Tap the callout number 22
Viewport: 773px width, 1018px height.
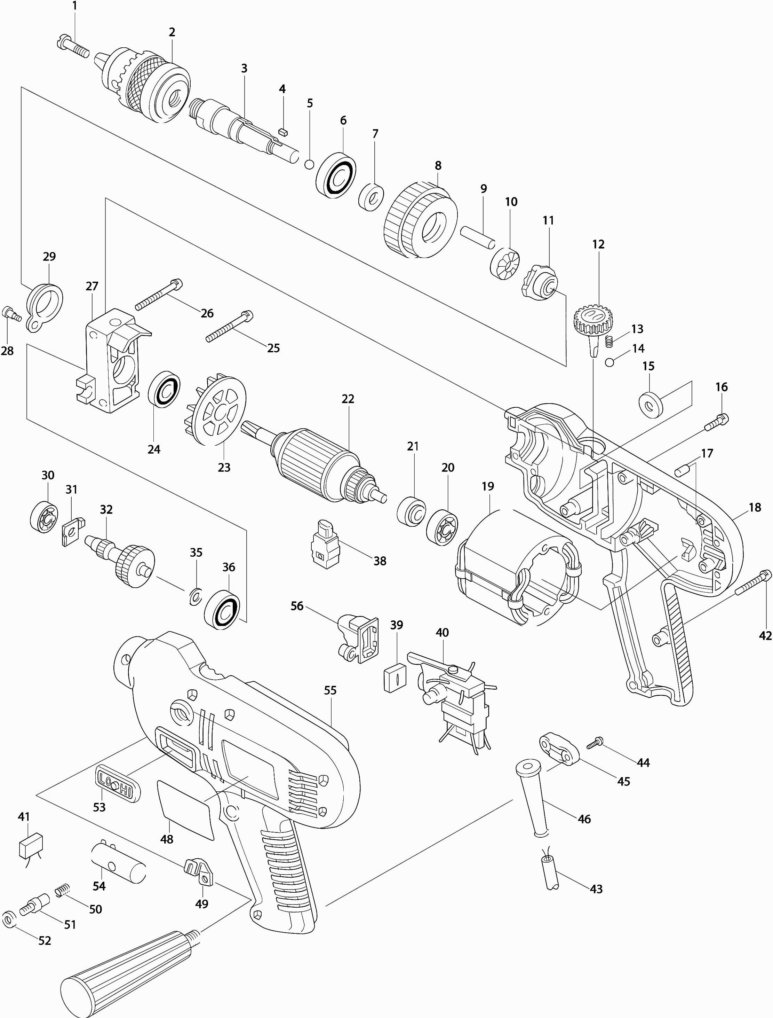pos(348,399)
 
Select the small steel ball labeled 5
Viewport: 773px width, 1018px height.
pos(310,164)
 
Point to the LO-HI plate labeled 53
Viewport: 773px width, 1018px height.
pos(118,785)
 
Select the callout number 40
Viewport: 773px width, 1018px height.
pos(442,633)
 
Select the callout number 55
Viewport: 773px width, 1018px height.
pos(330,690)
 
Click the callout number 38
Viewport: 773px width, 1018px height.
pos(380,561)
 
